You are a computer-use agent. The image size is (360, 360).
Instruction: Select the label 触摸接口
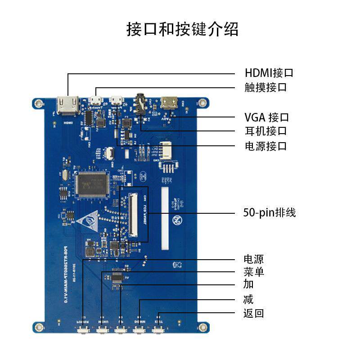pos(265,87)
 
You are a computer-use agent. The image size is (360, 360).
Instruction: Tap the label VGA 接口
pos(266,117)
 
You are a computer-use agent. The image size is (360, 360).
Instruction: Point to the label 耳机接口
pos(265,131)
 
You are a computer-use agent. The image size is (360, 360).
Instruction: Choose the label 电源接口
pos(265,146)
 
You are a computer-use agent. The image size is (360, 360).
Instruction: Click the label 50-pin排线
pos(269,212)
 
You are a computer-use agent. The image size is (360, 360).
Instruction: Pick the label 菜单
pos(253,272)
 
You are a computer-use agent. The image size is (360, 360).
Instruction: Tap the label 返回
pos(253,313)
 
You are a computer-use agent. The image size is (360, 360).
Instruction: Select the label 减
pos(248,299)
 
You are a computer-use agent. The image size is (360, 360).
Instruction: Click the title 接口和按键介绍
pos(182,30)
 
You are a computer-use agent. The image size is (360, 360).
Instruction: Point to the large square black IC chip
pos(92,184)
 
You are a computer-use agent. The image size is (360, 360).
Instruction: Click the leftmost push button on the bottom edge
pos(83,331)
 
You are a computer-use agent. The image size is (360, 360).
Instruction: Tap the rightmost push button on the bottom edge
pos(158,331)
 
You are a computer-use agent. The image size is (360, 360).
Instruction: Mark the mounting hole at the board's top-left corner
pos(39,104)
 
